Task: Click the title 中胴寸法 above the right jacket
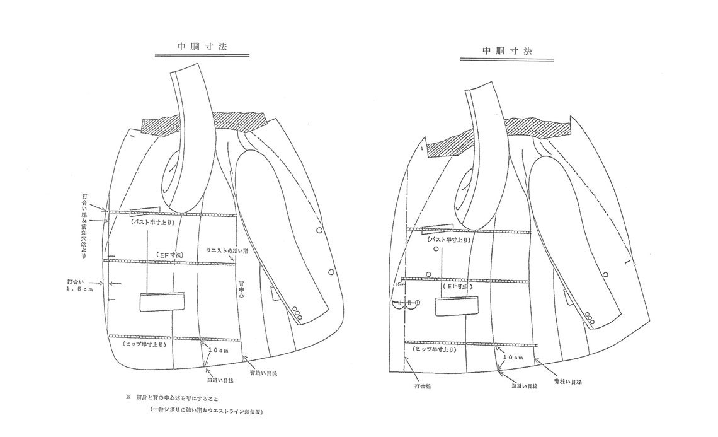click(x=506, y=50)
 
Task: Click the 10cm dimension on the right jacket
click(x=513, y=357)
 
